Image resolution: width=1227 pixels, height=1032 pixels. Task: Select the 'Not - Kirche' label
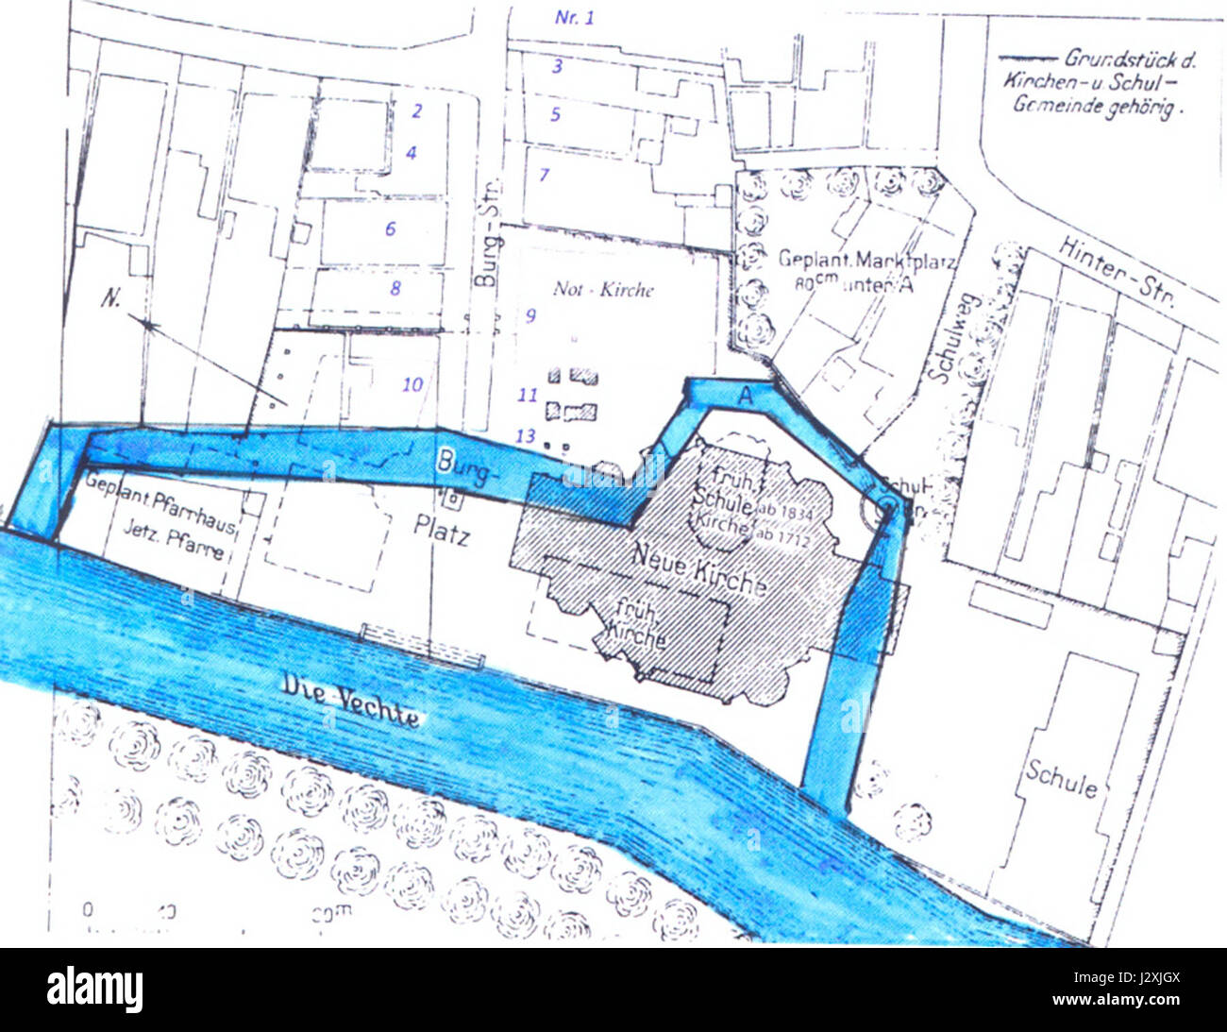point(602,289)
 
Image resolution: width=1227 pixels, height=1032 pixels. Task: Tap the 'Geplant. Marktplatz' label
point(865,260)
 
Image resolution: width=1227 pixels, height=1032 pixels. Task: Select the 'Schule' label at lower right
point(1061,781)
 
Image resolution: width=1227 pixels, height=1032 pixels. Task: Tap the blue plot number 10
point(412,384)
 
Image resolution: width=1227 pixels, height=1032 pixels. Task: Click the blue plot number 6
point(390,228)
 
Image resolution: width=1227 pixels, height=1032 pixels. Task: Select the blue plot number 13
point(525,434)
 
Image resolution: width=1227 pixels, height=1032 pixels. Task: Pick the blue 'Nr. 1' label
point(575,17)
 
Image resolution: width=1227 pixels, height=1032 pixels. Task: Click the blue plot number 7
point(544,175)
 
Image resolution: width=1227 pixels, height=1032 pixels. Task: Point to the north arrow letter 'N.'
point(111,299)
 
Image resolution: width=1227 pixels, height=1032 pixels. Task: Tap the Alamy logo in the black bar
point(94,990)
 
